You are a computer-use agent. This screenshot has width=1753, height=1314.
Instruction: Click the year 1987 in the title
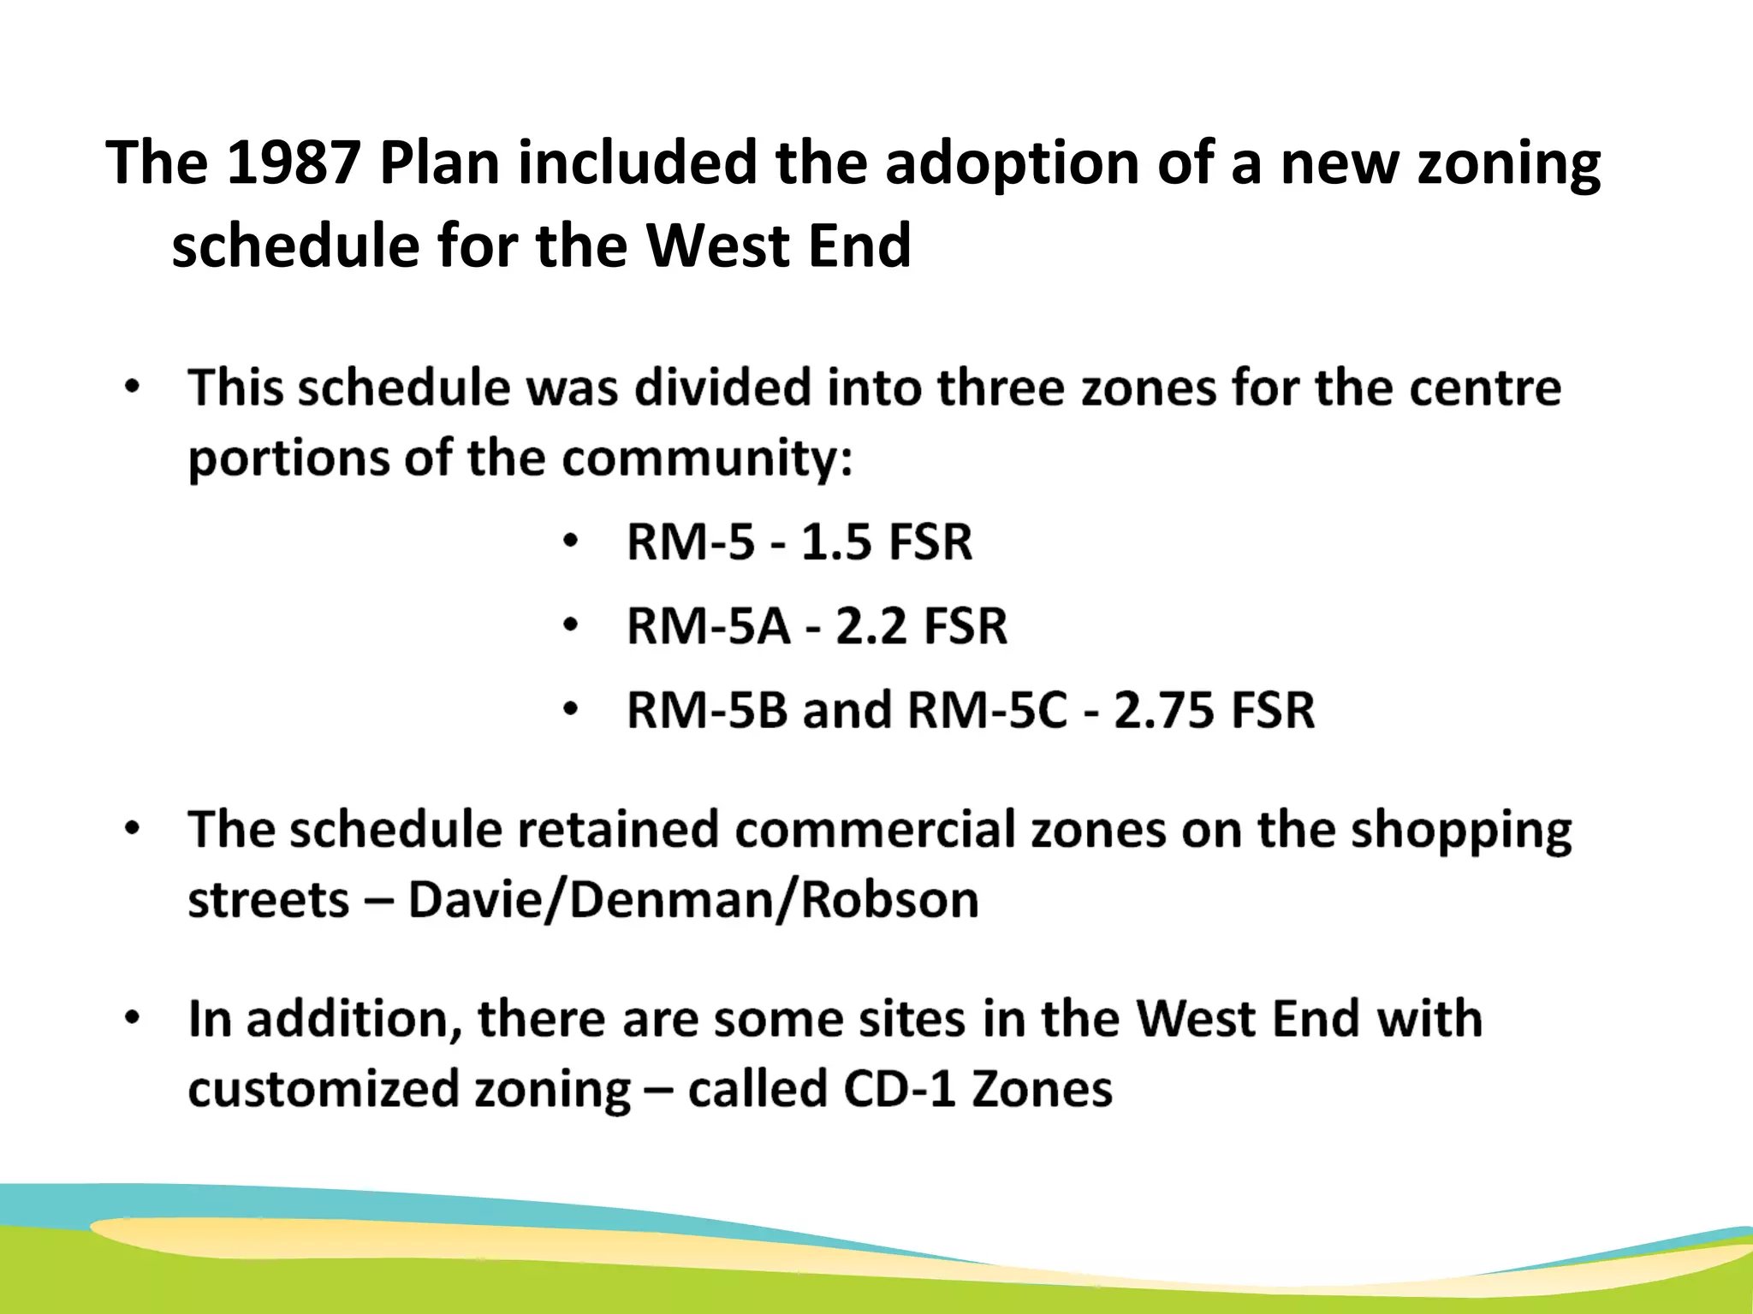tap(293, 163)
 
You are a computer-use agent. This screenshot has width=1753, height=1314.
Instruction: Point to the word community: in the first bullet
tap(707, 459)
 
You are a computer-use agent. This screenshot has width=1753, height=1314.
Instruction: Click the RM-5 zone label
tap(691, 542)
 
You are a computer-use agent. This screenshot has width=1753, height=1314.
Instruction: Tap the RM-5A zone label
tap(709, 626)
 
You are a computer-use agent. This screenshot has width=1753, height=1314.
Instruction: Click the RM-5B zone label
tap(707, 710)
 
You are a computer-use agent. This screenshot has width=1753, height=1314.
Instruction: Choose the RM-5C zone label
tap(987, 710)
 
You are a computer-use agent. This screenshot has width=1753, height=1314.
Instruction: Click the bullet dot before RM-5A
tap(571, 626)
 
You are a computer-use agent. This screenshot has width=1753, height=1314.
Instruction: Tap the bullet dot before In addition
tap(131, 1019)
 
